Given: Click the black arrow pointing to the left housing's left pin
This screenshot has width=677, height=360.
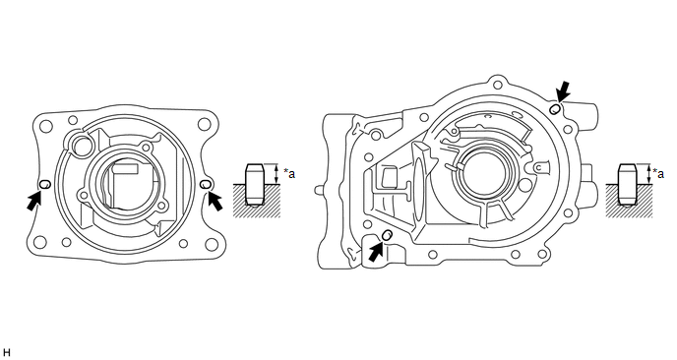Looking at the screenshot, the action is click(x=35, y=201).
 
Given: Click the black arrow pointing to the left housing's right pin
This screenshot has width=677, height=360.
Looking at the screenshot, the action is click(x=215, y=202).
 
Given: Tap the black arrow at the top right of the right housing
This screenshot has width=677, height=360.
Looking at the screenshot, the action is click(x=563, y=91).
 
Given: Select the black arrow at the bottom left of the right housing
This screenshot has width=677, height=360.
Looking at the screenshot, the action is click(x=377, y=252).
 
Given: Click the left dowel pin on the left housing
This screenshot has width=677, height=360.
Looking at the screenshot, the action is click(x=45, y=184).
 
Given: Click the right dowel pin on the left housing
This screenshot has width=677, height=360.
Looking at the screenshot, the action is click(x=206, y=184).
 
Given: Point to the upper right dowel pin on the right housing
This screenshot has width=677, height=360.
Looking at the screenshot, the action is click(x=555, y=109).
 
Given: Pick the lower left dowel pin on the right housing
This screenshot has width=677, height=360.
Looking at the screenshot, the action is click(x=388, y=235).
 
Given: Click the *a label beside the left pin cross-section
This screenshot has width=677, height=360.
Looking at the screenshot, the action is click(x=289, y=173).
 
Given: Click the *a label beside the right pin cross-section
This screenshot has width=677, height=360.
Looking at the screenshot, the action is click(x=658, y=173).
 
